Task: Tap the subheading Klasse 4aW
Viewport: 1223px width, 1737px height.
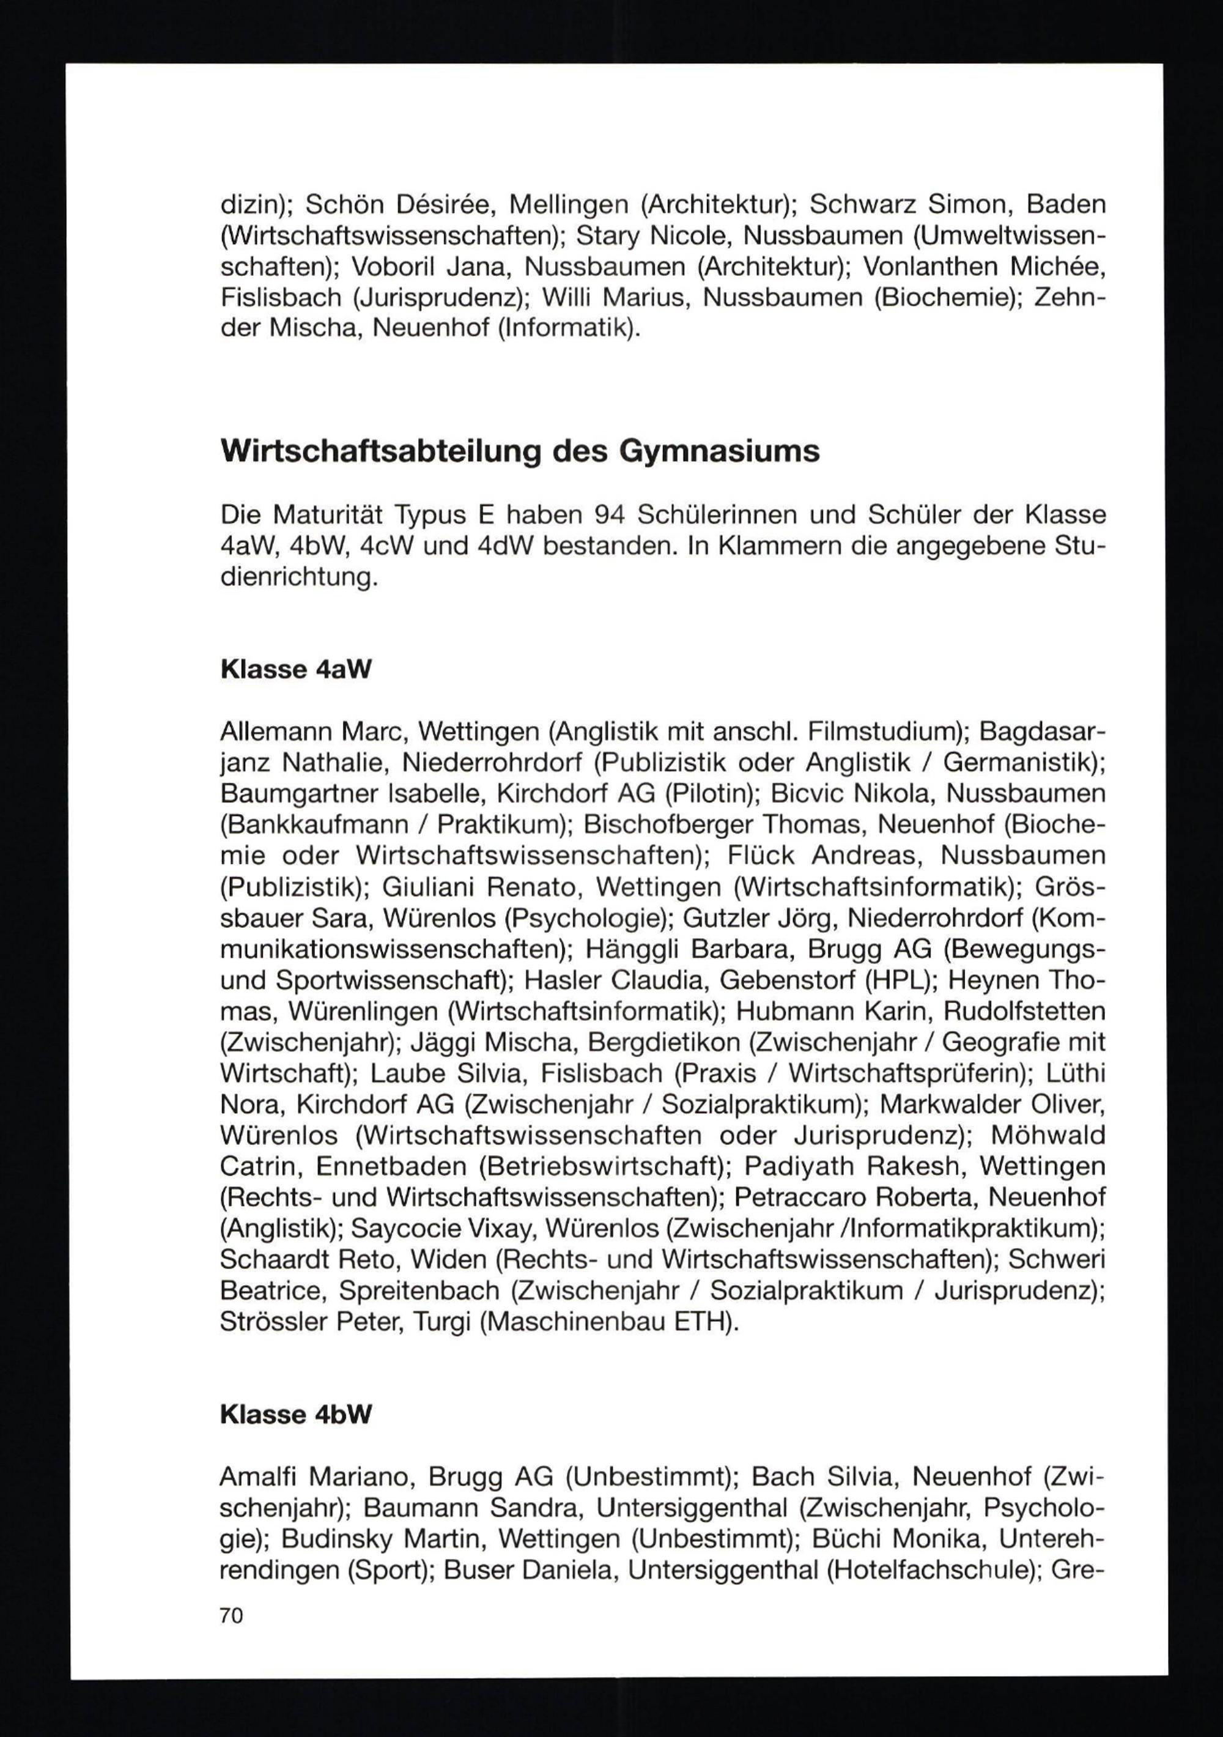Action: (296, 670)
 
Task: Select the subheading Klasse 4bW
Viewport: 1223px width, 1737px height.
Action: (297, 1415)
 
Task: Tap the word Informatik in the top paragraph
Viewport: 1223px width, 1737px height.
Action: (567, 329)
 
